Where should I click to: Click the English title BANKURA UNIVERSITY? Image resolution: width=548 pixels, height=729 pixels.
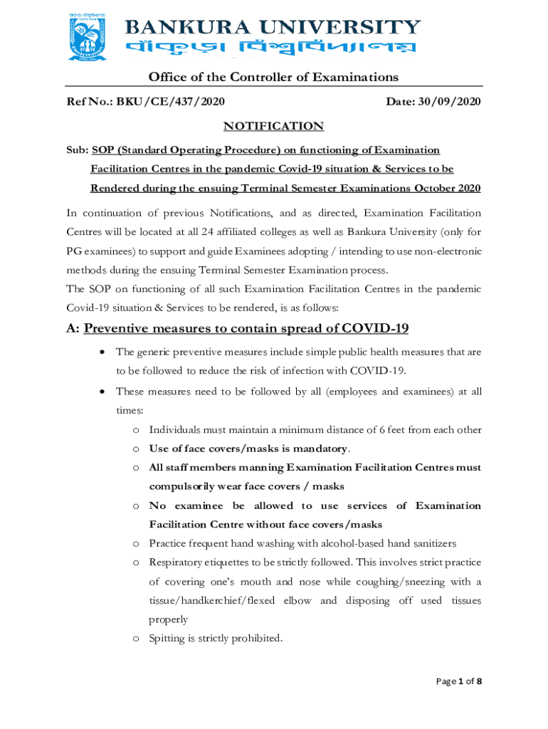tap(273, 27)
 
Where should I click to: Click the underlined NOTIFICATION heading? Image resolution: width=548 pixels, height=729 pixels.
tap(274, 126)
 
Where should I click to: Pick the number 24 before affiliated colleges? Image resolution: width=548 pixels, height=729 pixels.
tap(207, 232)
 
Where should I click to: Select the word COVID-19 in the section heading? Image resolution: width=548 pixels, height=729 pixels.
tap(375, 328)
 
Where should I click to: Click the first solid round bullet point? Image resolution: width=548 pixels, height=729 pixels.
tap(103, 352)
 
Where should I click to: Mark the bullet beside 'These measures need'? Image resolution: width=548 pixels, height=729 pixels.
tap(103, 392)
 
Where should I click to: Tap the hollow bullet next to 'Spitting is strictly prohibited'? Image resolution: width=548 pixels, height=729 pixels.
tap(135, 639)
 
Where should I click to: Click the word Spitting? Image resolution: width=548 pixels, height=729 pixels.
tap(168, 639)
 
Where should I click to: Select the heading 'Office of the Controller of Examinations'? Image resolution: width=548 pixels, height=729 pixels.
tap(273, 77)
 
